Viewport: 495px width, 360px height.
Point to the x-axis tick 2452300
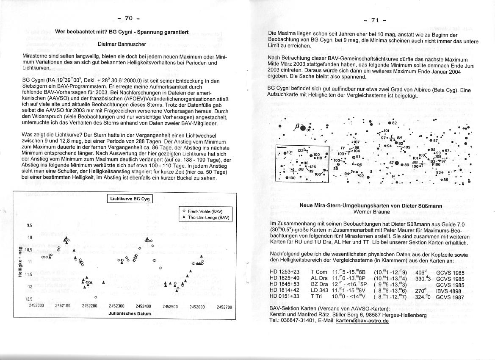click(116, 306)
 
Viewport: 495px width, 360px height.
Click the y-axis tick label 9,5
click(30, 225)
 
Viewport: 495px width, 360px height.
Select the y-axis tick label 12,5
click(30, 299)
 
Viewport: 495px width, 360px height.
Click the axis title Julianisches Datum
click(129, 313)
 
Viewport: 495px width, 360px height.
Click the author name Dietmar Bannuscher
click(122, 44)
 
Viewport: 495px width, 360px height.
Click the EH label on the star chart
click(399, 137)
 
